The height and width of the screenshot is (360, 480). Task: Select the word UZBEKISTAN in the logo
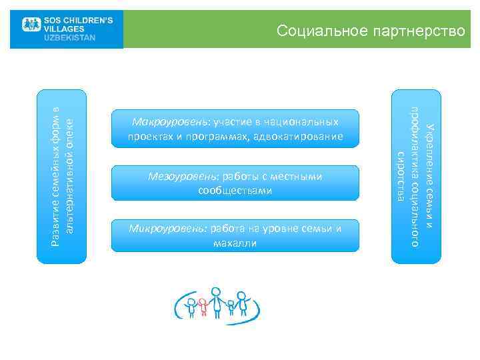(x=70, y=37)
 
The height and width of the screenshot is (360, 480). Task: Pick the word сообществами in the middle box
(x=235, y=191)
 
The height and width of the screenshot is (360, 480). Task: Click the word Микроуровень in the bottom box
(x=168, y=229)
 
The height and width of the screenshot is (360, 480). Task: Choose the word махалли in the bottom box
(x=235, y=243)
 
